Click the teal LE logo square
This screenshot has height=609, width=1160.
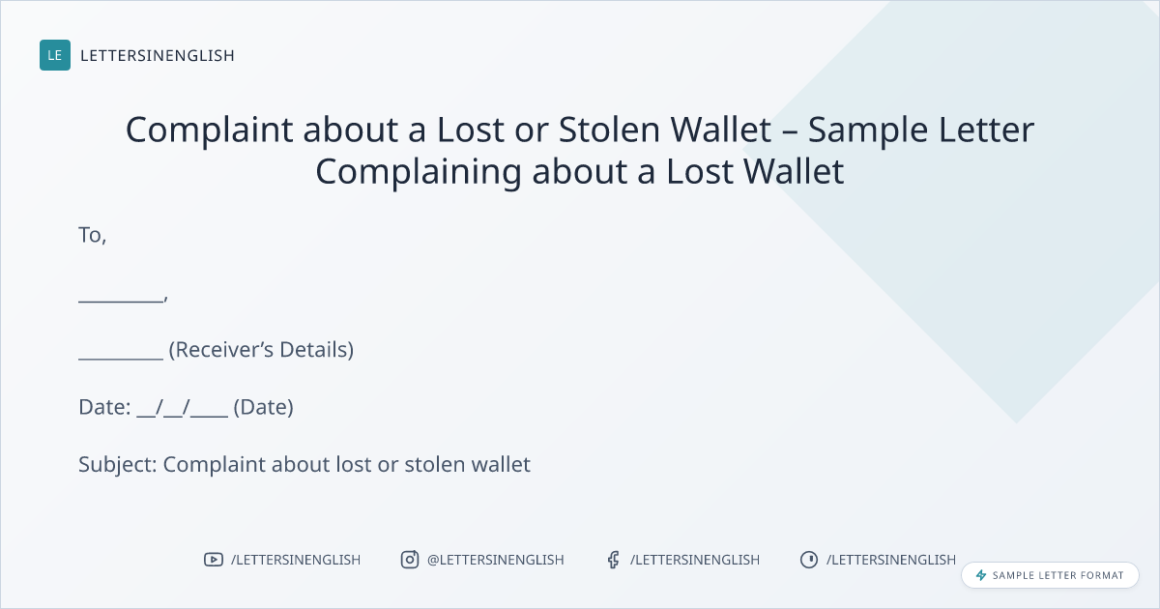[x=55, y=55]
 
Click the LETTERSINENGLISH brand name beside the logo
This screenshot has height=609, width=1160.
[x=158, y=55]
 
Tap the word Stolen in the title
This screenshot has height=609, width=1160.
[x=609, y=129]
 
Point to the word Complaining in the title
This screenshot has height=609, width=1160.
[x=419, y=172]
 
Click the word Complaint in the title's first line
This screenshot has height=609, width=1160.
[x=209, y=130]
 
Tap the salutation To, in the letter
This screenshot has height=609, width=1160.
[x=92, y=235]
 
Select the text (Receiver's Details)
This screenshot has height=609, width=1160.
[x=262, y=350]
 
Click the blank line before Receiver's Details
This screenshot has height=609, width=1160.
[x=121, y=358]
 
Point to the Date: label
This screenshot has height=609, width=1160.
[x=104, y=407]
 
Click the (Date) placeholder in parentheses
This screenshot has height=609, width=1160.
[x=264, y=407]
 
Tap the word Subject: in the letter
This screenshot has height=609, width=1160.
[x=118, y=465]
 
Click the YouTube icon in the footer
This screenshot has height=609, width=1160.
[x=214, y=560]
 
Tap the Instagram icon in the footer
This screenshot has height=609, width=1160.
[x=410, y=560]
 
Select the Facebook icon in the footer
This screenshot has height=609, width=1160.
[x=614, y=560]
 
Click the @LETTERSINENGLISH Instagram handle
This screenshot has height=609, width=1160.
[x=496, y=560]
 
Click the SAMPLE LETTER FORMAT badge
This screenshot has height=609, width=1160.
[x=1050, y=575]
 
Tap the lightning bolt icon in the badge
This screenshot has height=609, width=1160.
[x=981, y=575]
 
